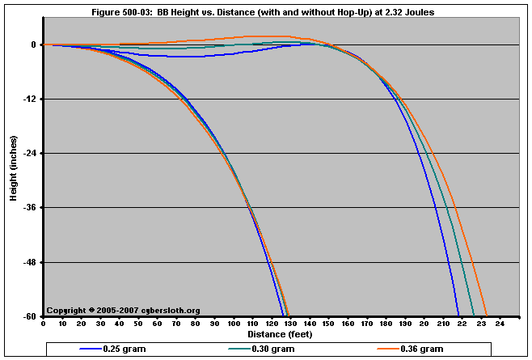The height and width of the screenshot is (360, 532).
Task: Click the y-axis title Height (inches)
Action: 14,180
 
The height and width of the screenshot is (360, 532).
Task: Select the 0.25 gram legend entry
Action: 124,349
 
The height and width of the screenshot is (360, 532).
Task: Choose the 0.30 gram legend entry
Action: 283,349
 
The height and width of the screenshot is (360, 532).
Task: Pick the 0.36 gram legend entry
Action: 422,349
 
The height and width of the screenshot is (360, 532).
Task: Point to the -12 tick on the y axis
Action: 31,100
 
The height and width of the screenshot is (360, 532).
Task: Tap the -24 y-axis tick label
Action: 31,154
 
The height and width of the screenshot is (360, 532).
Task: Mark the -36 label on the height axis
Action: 31,208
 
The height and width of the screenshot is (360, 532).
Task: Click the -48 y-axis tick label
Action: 31,262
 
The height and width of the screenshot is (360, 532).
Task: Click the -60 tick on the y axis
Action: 31,316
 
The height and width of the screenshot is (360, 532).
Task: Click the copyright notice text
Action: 123,310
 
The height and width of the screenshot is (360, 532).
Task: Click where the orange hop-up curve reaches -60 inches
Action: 487,315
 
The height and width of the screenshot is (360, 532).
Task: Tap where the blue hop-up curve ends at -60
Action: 458,315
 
